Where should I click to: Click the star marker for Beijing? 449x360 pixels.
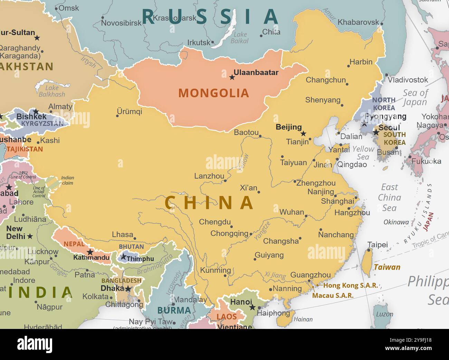303,134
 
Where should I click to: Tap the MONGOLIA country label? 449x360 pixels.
213,93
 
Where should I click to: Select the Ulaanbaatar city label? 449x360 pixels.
256,72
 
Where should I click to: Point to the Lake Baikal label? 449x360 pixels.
240,38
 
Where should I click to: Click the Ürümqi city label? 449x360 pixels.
130,111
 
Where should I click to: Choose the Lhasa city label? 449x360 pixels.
123,234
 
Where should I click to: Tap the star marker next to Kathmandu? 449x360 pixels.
90,252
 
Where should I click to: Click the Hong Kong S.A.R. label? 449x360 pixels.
350,285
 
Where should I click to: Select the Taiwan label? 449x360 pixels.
387,267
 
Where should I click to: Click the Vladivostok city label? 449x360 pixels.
408,80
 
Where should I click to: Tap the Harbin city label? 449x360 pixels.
361,62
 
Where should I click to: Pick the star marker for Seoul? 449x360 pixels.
376,132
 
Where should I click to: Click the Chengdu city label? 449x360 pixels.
215,222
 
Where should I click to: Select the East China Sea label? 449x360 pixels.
389,197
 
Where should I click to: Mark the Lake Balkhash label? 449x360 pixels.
52,91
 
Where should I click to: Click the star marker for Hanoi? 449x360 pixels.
252,307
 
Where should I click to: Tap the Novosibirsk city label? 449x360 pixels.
121,23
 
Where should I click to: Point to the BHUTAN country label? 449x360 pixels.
131,246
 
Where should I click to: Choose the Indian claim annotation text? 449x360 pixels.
68,180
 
